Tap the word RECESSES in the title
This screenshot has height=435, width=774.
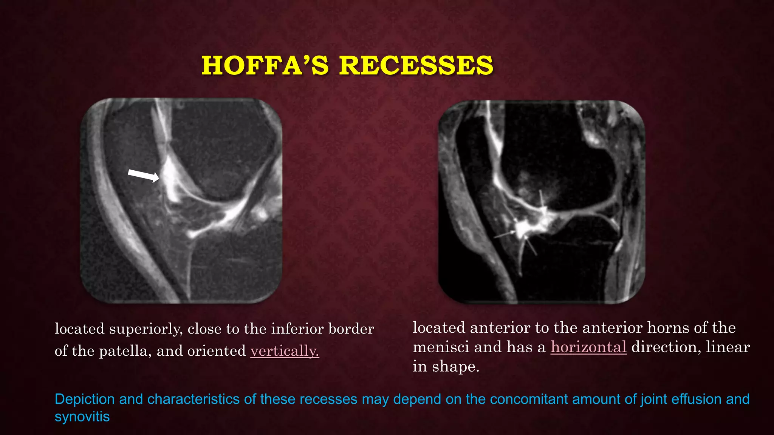[x=416, y=65]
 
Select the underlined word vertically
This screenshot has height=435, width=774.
[x=285, y=351]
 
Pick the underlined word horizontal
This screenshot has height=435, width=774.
[x=588, y=347]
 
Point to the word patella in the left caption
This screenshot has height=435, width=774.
[x=125, y=351]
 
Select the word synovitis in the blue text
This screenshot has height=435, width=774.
[x=82, y=416]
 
